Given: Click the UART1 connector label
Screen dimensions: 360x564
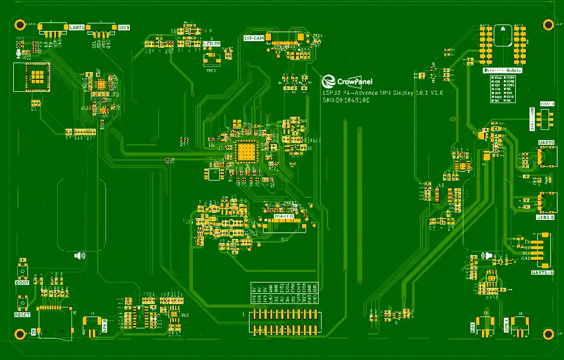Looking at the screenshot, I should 77,27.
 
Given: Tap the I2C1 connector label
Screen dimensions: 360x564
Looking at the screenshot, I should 124,27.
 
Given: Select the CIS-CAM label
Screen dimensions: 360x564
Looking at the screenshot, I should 254,38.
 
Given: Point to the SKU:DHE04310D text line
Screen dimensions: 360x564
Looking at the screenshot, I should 346,101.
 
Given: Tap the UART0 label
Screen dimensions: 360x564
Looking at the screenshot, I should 546,143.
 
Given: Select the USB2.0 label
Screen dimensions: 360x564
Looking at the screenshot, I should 546,218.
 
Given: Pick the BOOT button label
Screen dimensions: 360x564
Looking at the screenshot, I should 22,283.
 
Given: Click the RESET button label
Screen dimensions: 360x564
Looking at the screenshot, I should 22,314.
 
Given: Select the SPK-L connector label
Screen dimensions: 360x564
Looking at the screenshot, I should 507,327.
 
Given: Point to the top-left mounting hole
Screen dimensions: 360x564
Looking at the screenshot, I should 20,24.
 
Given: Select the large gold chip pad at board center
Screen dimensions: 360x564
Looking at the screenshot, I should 245,152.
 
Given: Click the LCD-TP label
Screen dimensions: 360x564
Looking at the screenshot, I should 211,44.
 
